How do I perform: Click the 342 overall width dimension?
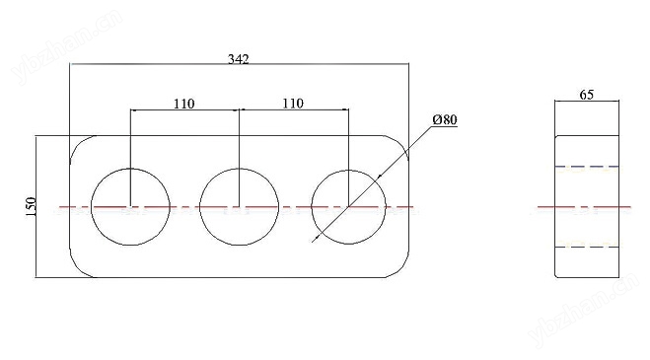[x=239, y=59]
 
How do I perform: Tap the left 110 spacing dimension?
[x=183, y=104]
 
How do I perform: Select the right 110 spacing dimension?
[x=293, y=103]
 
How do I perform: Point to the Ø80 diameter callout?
[x=445, y=120]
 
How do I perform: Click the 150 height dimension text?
[x=32, y=206]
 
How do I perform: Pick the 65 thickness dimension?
[x=587, y=95]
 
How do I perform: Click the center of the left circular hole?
[x=130, y=206]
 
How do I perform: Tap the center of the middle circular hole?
[x=240, y=206]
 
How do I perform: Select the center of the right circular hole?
[x=348, y=206]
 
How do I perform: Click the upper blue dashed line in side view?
[x=587, y=167]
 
